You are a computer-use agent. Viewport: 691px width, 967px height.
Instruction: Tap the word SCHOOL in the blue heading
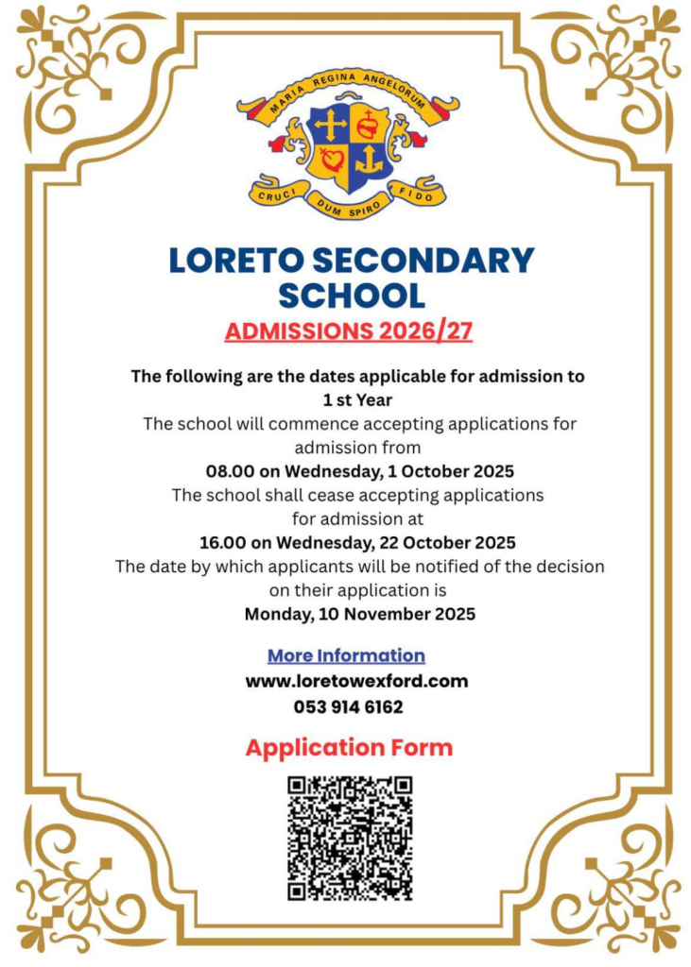[x=351, y=296]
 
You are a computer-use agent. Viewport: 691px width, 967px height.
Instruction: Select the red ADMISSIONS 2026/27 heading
[x=348, y=331]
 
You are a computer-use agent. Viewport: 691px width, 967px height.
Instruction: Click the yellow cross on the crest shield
[x=330, y=125]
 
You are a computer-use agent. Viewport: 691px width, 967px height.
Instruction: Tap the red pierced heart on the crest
[x=330, y=160]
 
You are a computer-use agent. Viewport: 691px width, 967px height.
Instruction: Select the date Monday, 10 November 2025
[x=360, y=614]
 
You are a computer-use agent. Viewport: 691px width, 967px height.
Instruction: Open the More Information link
[x=346, y=655]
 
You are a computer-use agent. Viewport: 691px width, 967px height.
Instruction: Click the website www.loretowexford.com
[x=356, y=680]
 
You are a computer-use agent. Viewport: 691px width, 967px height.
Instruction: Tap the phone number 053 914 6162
[x=349, y=706]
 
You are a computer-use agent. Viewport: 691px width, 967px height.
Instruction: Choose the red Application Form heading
[x=349, y=748]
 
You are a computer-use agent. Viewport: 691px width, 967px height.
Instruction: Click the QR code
[x=350, y=838]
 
